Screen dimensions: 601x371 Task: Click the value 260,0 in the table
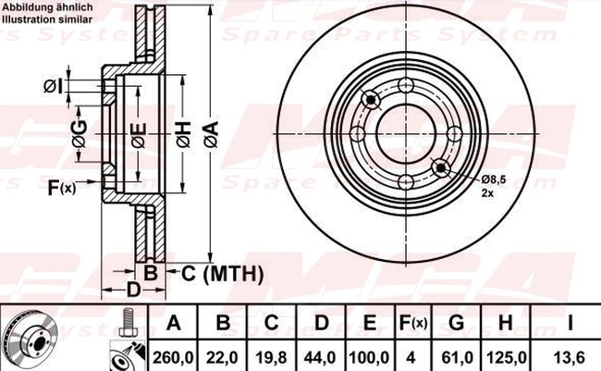(x=174, y=358)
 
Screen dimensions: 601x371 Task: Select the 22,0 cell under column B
(x=222, y=358)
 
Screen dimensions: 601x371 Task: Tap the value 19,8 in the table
(x=271, y=358)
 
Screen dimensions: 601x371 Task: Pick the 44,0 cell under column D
(x=320, y=358)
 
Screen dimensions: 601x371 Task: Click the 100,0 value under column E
(x=369, y=358)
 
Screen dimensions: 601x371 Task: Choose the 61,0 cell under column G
(x=456, y=358)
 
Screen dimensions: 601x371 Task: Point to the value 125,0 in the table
(x=505, y=358)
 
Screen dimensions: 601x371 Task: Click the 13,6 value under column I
(x=570, y=358)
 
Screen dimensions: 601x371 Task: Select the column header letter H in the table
(x=505, y=323)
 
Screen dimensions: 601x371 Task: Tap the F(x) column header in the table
(x=412, y=323)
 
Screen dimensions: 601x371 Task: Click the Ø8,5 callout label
(x=494, y=179)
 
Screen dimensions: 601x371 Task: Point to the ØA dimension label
(x=212, y=134)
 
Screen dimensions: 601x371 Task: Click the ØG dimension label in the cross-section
(x=80, y=134)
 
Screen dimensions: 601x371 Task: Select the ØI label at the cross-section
(x=53, y=86)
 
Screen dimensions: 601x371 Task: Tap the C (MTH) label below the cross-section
(x=222, y=274)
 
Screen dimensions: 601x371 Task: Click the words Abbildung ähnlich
(x=48, y=6)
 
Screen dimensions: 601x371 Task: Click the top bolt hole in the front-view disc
(x=406, y=85)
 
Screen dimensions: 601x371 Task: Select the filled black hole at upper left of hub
(x=371, y=100)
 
